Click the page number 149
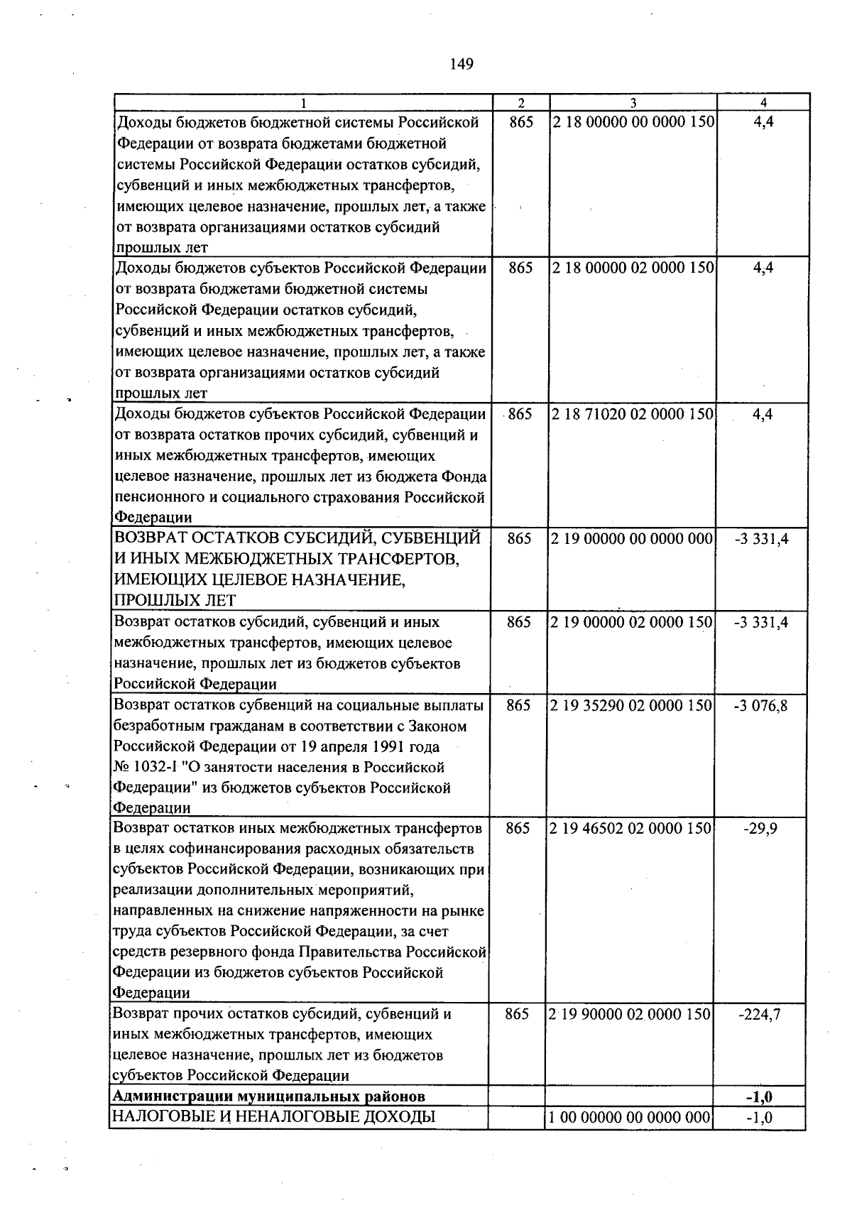(461, 65)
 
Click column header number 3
(633, 102)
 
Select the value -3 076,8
(761, 706)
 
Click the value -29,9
(761, 829)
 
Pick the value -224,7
(760, 1015)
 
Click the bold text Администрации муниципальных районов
(269, 1096)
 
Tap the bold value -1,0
(759, 1097)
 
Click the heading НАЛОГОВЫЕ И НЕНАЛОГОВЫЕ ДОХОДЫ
(274, 1117)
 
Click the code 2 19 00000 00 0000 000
(632, 539)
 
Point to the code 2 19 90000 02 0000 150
(630, 1015)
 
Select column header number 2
(520, 102)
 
